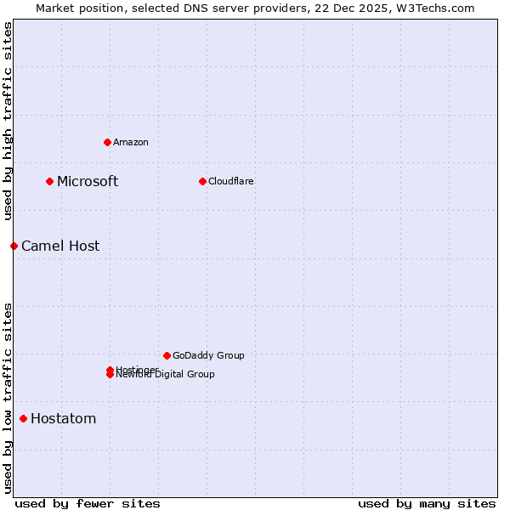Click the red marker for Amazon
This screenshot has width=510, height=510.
pos(107,142)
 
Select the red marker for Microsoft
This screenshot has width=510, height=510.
pos(50,181)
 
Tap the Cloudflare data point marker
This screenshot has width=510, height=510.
pos(202,181)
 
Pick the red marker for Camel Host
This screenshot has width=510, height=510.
pos(14,246)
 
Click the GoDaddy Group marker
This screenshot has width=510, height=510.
pos(167,355)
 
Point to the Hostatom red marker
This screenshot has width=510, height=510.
pos(23,418)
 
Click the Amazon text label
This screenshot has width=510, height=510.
pos(131,142)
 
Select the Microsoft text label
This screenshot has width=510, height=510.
pos(88,181)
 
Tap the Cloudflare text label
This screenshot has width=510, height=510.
pos(231,181)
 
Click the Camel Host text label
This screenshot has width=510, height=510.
pos(60,246)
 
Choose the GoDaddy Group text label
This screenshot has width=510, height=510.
pos(208,355)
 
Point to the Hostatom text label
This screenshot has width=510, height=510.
pos(64,418)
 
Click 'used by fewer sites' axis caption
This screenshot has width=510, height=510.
pos(88,503)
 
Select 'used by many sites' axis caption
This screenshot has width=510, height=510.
pos(427,503)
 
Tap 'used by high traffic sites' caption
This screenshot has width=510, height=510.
pos(8,121)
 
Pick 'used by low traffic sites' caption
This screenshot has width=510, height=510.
pos(8,397)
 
